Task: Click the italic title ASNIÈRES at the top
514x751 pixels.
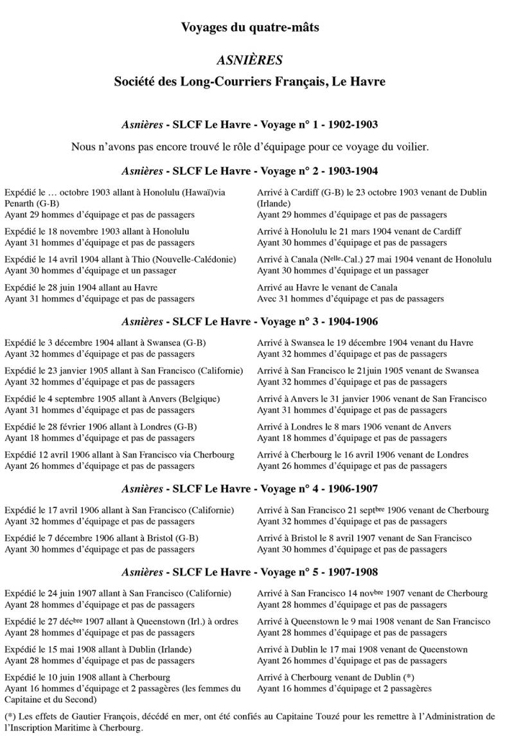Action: (x=251, y=60)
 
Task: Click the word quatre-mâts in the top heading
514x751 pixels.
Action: (x=285, y=27)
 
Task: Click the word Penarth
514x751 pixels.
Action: (x=20, y=204)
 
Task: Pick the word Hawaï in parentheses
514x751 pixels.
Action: (x=204, y=193)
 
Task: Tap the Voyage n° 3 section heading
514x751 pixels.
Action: (x=250, y=321)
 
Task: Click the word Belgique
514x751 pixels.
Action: (x=199, y=399)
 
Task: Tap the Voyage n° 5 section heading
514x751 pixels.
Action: (x=250, y=572)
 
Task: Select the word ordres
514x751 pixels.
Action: (x=224, y=622)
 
